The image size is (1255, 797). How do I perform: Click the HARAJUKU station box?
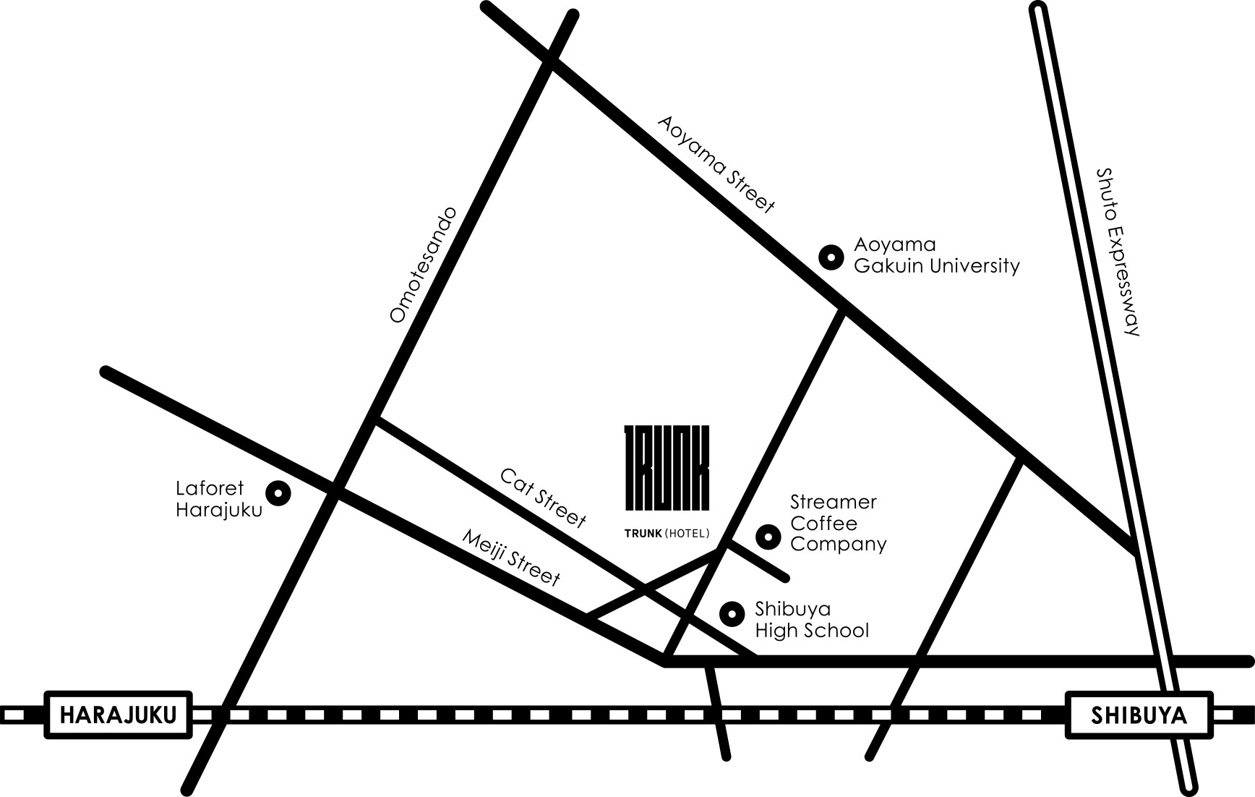(119, 715)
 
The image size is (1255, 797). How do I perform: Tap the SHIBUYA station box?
(1139, 715)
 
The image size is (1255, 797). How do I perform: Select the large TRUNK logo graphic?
(667, 467)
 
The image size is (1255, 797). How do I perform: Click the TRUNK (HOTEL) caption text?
(667, 533)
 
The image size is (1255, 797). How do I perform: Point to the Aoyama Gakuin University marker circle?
(831, 257)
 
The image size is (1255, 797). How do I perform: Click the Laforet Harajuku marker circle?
(278, 493)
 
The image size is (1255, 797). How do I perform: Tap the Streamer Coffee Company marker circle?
(768, 537)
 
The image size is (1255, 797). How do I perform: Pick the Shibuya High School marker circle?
(732, 614)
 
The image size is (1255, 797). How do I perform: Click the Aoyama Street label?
(716, 165)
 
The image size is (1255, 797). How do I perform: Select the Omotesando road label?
(424, 265)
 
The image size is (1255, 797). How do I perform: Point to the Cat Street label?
(543, 498)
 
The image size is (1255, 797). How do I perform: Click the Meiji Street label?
(511, 558)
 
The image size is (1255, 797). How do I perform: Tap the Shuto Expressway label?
(1118, 252)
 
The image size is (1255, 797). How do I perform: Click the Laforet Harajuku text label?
(219, 499)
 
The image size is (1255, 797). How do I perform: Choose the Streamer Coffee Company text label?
(839, 523)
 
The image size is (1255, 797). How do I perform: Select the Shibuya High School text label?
(812, 620)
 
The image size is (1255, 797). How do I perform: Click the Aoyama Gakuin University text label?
(937, 255)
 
